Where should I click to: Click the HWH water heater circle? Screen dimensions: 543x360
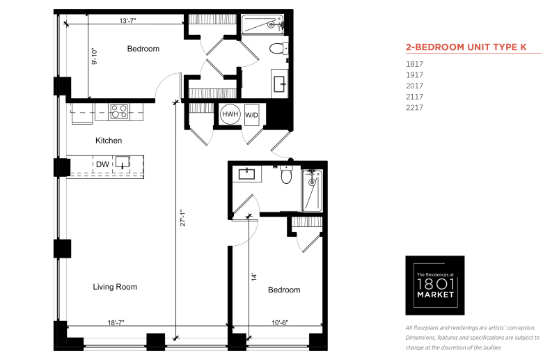230,114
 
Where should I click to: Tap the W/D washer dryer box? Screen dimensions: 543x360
252,115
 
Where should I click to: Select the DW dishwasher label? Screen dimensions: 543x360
102,164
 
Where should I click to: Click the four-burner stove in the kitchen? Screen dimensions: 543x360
119,111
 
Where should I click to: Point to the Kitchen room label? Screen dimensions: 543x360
109,141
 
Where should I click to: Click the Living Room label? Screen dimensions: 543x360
115,287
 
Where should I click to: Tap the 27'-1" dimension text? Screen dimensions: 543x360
183,217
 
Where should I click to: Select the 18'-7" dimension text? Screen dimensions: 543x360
116,322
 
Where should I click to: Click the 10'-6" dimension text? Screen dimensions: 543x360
280,322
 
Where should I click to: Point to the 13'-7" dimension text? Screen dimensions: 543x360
127,20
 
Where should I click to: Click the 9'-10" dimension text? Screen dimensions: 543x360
95,56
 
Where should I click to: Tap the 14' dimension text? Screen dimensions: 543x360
254,276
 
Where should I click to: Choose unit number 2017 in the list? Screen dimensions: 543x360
414,86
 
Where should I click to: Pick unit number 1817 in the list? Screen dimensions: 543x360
414,64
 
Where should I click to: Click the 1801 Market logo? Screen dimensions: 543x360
435,285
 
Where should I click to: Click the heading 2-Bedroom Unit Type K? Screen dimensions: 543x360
466,47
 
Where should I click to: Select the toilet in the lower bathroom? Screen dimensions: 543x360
286,174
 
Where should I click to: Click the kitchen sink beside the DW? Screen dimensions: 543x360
123,162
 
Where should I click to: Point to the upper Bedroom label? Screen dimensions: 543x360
143,49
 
